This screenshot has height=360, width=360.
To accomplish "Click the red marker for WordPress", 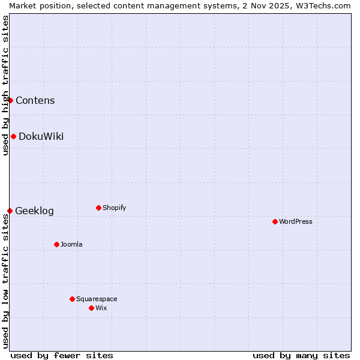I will pyautogui.click(x=275, y=221).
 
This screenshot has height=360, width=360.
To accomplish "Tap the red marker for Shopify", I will pyautogui.click(x=98, y=208).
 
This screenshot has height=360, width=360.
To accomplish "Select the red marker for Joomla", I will pyautogui.click(x=56, y=244).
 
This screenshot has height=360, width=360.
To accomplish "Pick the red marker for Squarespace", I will pyautogui.click(x=72, y=299).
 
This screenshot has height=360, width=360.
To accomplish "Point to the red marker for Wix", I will pyautogui.click(x=91, y=308).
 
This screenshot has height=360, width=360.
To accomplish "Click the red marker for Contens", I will pyautogui.click(x=10, y=100).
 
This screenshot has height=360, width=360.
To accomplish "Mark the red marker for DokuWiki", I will pyautogui.click(x=13, y=136).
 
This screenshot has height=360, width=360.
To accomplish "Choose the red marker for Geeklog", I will pyautogui.click(x=10, y=211).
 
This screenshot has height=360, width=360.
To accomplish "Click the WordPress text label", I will pyautogui.click(x=296, y=221).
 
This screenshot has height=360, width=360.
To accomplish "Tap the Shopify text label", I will pyautogui.click(x=114, y=208).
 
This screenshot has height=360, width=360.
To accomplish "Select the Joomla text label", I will pyautogui.click(x=71, y=244).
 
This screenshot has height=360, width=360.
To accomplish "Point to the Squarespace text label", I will pyautogui.click(x=97, y=299).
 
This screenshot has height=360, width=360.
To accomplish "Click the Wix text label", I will pyautogui.click(x=101, y=308).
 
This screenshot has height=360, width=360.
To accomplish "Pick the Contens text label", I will pyautogui.click(x=35, y=100).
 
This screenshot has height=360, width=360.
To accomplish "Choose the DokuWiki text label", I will pyautogui.click(x=41, y=136).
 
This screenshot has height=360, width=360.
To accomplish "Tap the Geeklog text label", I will pyautogui.click(x=34, y=211).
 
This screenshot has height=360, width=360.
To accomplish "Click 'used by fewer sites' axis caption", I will pyautogui.click(x=62, y=355).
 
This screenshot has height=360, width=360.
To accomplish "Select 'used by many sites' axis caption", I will pyautogui.click(x=301, y=355).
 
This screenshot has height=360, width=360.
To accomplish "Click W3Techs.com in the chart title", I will pyautogui.click(x=326, y=5).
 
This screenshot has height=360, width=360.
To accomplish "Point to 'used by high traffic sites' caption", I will pyautogui.click(x=5, y=85).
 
